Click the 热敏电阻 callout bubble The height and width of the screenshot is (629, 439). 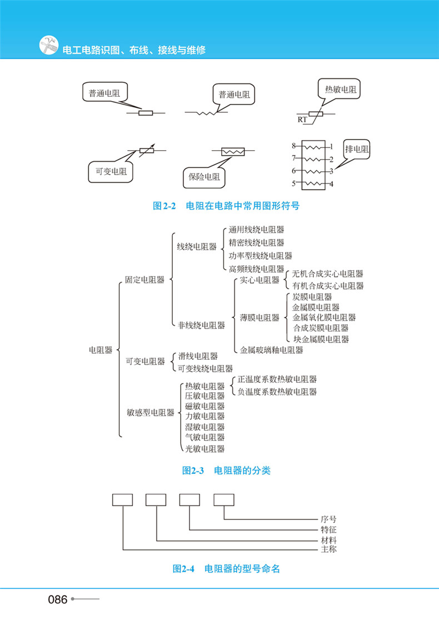(342, 89)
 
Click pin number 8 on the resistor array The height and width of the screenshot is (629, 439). (294, 146)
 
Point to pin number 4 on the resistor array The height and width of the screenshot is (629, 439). (331, 184)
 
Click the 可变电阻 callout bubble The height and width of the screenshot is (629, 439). (111, 172)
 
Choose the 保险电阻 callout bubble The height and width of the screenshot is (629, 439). (204, 177)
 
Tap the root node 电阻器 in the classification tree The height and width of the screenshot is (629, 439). (101, 350)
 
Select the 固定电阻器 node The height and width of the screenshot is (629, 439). (144, 280)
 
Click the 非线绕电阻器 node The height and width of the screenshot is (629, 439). (201, 325)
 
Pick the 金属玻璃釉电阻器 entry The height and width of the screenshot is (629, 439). (272, 350)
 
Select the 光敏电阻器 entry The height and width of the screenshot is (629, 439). (204, 448)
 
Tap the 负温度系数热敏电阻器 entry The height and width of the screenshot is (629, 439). (277, 392)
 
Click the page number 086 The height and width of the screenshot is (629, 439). (58, 600)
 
